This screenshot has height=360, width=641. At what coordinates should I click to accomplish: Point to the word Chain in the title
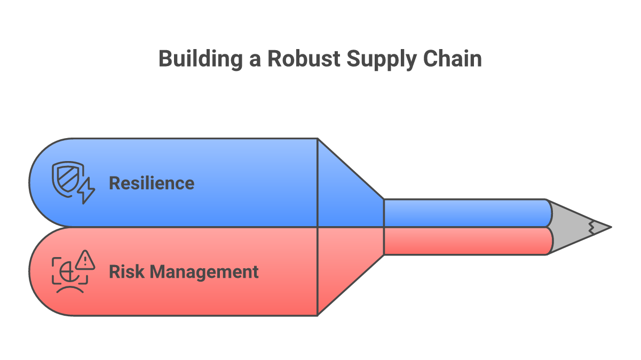click(452, 59)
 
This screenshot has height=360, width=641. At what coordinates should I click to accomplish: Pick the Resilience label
click(152, 183)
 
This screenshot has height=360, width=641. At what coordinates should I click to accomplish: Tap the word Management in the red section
click(205, 273)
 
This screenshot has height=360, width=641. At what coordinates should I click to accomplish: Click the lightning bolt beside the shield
click(86, 191)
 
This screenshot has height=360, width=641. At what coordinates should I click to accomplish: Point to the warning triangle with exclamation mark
click(85, 260)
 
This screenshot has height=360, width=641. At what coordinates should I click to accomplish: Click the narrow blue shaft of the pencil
click(464, 213)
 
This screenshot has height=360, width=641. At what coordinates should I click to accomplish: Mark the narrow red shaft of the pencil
click(464, 241)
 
